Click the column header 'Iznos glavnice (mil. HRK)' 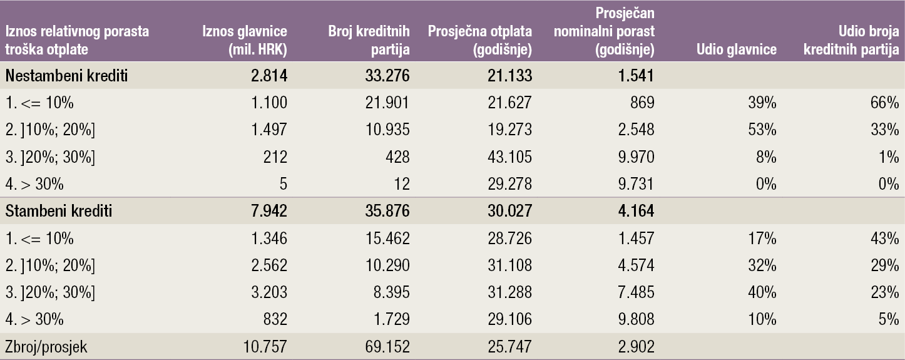point(245,40)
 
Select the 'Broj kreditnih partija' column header point(369,40)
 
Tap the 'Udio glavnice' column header point(736,49)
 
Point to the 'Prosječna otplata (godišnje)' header point(479,40)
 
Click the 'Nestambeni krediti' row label point(67,76)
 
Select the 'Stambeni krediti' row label point(59,211)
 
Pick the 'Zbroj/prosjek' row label point(46,346)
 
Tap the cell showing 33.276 point(388,76)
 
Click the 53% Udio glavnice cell point(764,130)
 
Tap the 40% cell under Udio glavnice point(764,292)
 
